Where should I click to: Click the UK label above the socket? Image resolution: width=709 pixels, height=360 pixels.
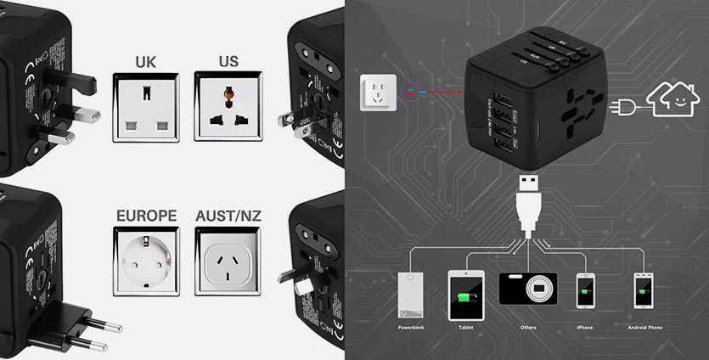(146, 62)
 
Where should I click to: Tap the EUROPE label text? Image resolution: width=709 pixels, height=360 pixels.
(146, 216)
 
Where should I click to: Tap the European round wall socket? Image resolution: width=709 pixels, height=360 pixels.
(146, 261)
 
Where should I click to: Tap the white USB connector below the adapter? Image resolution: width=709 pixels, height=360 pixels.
(526, 200)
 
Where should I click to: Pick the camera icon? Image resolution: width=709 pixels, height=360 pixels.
(527, 290)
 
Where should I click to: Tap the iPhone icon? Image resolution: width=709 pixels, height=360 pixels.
(584, 291)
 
